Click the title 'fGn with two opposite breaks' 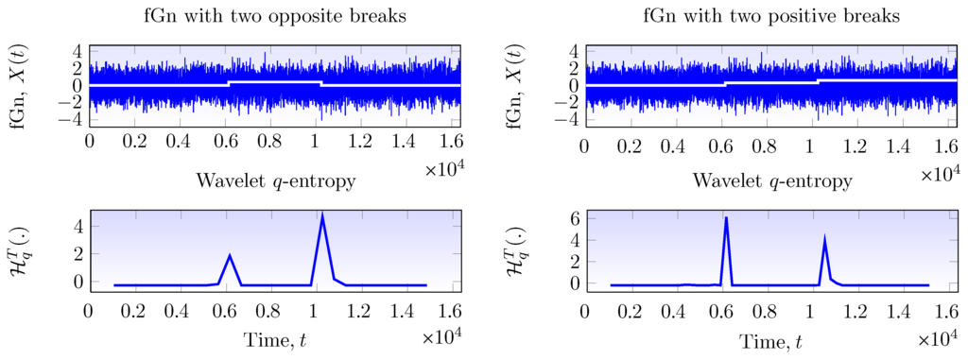click(275, 16)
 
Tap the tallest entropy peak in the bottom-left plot click(323, 214)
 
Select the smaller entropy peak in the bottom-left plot click(230, 255)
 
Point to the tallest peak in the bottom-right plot click(726, 218)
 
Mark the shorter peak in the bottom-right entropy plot click(824, 237)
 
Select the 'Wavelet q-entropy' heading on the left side click(275, 180)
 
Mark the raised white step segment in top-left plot click(275, 82)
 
